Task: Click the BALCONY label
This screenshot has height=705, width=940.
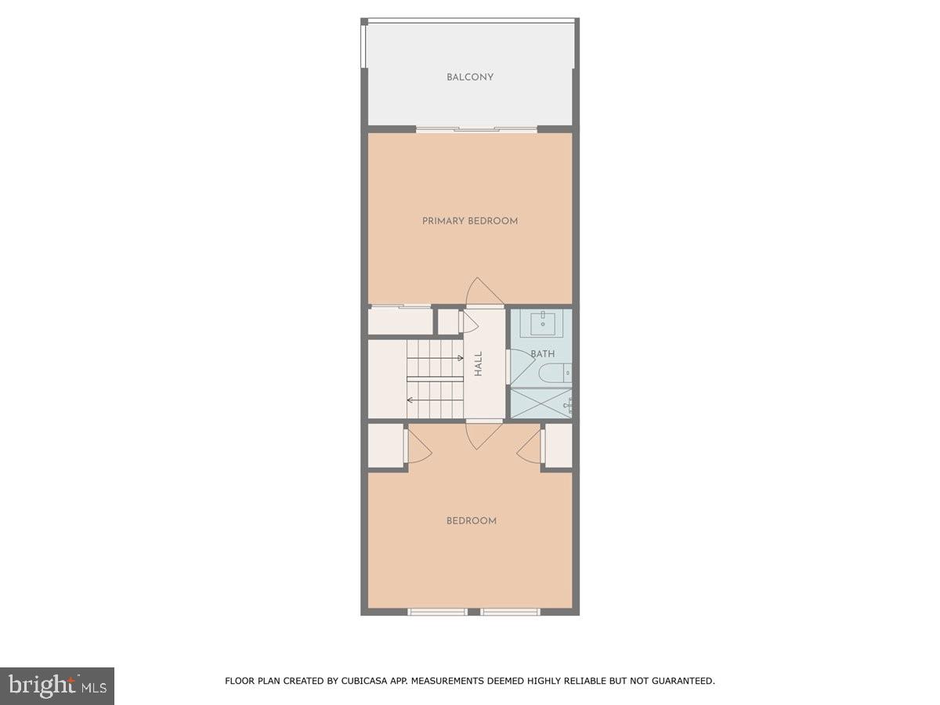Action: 470,77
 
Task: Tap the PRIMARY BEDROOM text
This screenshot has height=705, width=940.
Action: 470,221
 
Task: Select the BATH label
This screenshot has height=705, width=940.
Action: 543,354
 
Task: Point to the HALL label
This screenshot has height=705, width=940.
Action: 478,363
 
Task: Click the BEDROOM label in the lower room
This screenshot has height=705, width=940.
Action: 472,521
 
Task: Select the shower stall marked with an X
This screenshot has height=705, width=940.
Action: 540,403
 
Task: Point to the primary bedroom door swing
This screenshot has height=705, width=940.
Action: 484,291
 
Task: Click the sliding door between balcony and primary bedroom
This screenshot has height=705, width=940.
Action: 476,128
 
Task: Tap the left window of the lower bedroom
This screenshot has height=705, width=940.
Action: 437,612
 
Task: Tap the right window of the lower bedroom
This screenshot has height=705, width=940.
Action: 510,612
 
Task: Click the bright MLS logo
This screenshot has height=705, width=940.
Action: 57,686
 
